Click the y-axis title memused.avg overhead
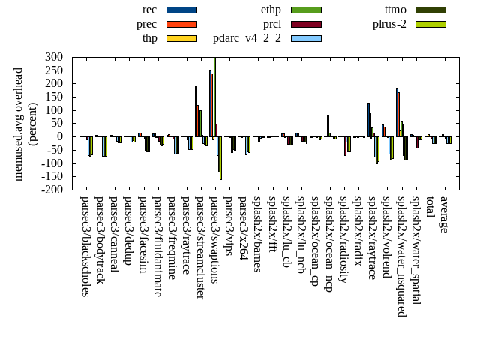(19, 124)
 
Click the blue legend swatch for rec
(181, 10)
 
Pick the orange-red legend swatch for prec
(181, 24)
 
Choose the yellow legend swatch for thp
(181, 38)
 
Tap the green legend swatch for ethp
(306, 10)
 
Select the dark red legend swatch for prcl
(306, 24)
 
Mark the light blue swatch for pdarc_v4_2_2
(306, 38)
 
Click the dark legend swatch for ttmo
(430, 10)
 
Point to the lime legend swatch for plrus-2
(430, 24)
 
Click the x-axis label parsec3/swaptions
(215, 238)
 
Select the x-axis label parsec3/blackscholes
(85, 246)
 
